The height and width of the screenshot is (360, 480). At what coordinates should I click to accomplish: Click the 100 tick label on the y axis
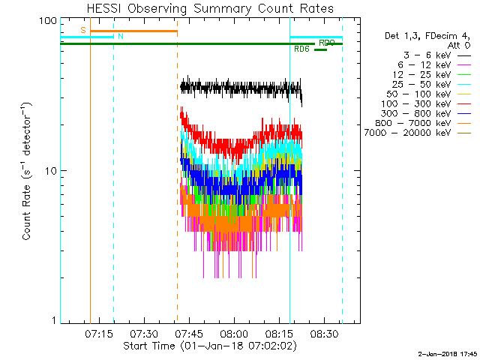pos(49,20)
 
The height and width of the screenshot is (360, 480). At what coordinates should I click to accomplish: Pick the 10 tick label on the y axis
pos(51,171)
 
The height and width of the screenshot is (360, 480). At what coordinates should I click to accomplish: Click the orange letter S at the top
pos(82,30)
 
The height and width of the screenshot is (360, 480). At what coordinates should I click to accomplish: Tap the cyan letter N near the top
pos(120,36)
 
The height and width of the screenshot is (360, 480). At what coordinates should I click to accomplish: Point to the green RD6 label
pos(302,49)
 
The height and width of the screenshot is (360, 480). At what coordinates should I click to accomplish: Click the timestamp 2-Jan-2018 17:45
pos(447,352)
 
